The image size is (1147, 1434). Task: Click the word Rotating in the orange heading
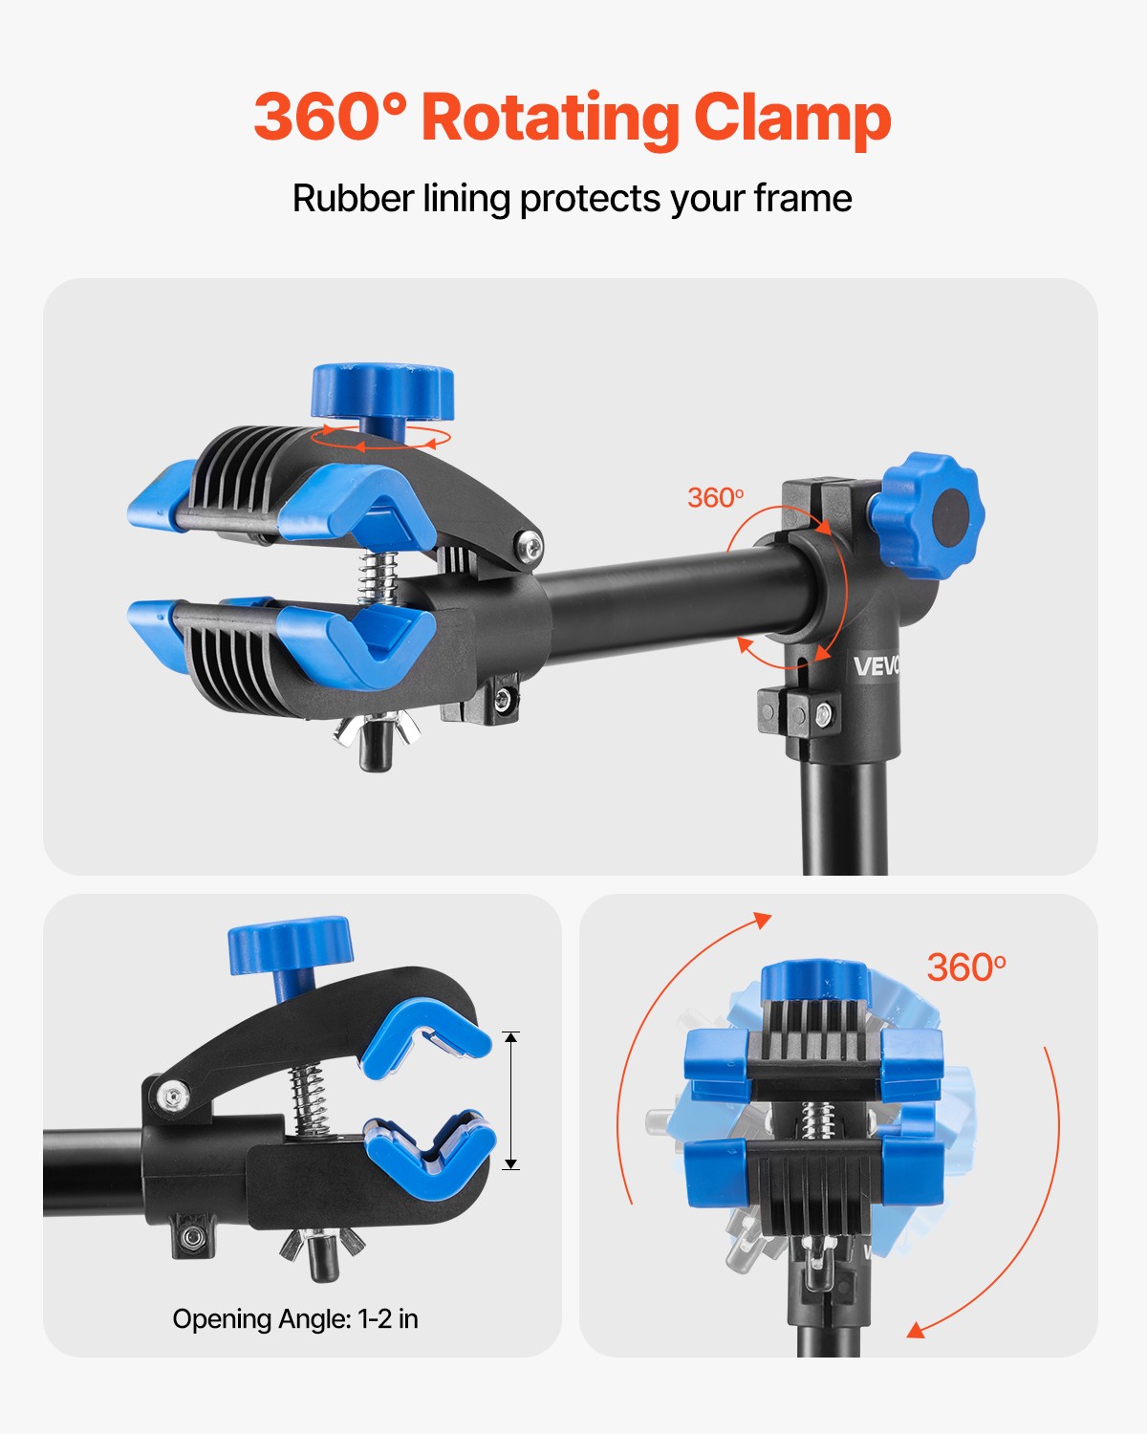551,119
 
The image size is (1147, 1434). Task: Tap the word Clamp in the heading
792,119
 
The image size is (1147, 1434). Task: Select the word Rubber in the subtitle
354,198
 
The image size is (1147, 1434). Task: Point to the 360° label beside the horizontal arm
716,498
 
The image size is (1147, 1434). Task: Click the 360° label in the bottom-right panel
966,967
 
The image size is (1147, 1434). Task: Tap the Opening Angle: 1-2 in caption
295,1318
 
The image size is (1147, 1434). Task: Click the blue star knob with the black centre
927,515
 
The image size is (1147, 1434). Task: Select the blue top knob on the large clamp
382,393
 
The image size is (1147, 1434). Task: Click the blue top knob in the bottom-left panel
290,945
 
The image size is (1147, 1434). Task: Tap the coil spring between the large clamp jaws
378,578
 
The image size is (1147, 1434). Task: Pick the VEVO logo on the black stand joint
876,665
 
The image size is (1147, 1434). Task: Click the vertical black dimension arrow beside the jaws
511,1100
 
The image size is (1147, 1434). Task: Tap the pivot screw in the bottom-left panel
173,1097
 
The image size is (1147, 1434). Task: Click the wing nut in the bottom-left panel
322,1243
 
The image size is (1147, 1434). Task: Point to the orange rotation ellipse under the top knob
380,437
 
